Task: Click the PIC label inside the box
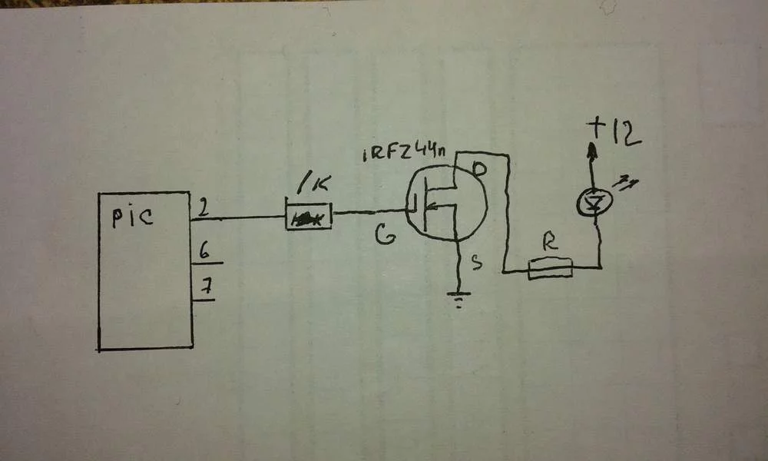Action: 132,217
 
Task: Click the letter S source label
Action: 477,264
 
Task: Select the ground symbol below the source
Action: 459,299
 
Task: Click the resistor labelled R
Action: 551,268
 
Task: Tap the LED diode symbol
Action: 595,202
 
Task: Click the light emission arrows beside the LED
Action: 626,183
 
